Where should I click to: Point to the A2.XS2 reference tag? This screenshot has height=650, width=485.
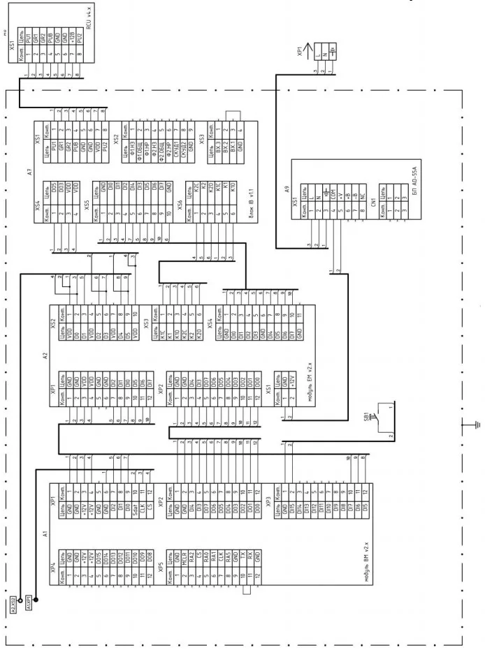click(14, 599)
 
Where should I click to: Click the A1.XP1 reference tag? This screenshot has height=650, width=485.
click(30, 599)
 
